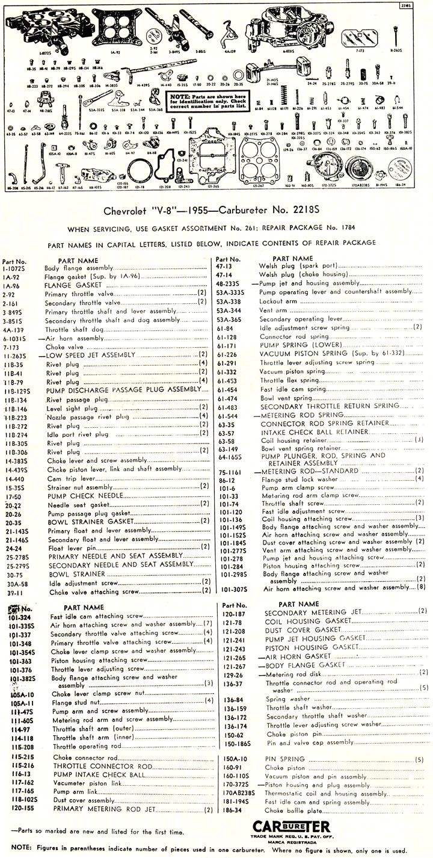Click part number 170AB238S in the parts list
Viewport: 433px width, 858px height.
[x=234, y=793]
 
